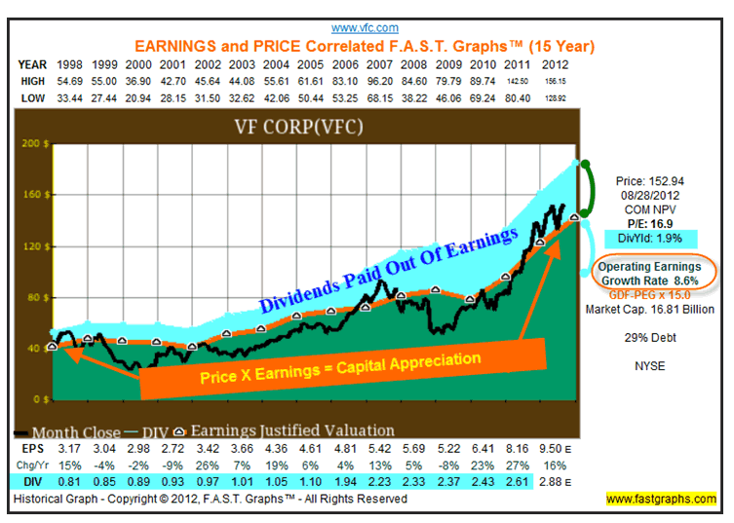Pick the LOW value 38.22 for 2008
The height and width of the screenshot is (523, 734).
tap(400, 97)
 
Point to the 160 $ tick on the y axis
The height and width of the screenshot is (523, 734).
tap(33, 194)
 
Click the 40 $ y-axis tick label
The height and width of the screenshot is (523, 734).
tap(35, 348)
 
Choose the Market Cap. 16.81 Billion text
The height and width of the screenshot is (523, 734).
tap(649, 310)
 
